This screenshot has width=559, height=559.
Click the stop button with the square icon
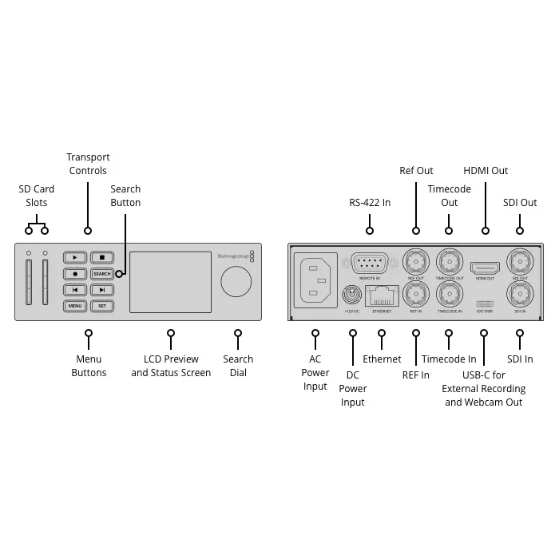(101, 258)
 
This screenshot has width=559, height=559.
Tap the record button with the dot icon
(75, 274)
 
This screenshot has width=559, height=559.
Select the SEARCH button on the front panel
(101, 274)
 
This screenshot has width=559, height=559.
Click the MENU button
(75, 306)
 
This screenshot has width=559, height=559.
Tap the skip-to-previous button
(75, 290)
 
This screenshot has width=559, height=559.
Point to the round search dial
(236, 282)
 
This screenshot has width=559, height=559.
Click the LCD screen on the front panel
(170, 282)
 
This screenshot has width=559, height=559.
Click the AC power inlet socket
(314, 279)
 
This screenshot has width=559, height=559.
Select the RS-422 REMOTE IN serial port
(370, 263)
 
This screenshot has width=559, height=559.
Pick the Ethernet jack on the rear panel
(382, 295)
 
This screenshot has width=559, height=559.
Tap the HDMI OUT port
(485, 267)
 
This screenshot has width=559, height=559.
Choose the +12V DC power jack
(352, 295)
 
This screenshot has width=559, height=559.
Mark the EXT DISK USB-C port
(485, 303)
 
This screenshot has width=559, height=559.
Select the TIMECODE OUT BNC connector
(450, 262)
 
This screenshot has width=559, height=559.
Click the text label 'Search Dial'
(238, 366)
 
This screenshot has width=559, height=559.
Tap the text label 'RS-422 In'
(370, 203)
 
